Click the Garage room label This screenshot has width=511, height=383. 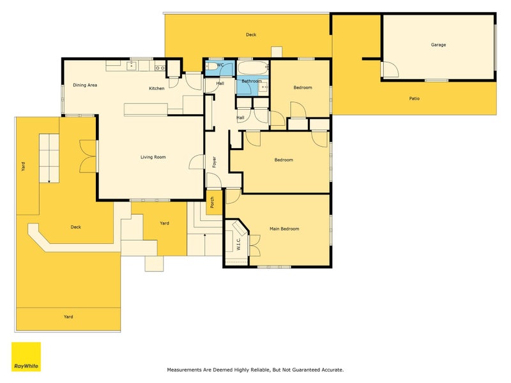click(438, 45)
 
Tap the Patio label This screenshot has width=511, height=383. click(414, 98)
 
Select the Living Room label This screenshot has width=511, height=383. click(153, 157)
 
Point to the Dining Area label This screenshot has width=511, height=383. click(85, 85)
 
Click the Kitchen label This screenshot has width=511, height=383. click(156, 88)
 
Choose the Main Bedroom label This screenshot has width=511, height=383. click(284, 229)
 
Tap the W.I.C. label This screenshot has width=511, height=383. click(238, 244)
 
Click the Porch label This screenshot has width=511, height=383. click(212, 202)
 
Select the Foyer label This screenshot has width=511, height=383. click(214, 162)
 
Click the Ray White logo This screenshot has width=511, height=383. click(26, 357)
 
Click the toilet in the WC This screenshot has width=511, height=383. click(211, 66)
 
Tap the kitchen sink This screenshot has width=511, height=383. click(132, 66)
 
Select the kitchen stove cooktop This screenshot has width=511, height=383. click(160, 68)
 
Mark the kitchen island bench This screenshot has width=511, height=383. click(146, 109)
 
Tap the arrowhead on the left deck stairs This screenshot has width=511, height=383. click(49, 181)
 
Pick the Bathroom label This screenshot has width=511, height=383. click(252, 81)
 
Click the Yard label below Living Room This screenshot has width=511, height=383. click(165, 223)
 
